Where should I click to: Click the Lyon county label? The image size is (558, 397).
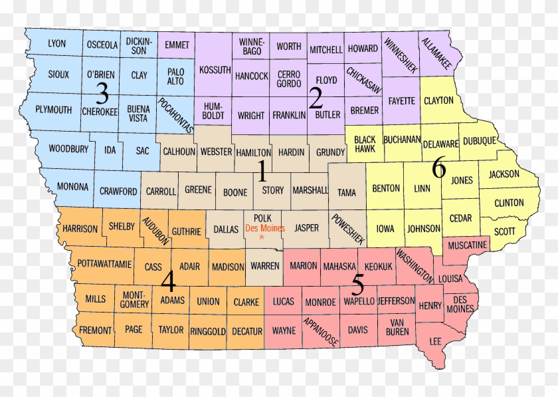point(57,44)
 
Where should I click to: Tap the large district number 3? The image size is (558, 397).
point(102,94)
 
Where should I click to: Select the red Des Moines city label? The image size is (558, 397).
point(265,228)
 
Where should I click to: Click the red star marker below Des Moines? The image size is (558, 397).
point(262,237)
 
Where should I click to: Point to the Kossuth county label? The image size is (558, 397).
point(215,70)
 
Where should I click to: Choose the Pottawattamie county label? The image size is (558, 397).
point(104,264)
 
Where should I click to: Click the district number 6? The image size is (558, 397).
point(438,169)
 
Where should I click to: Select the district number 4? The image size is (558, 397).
point(168,283)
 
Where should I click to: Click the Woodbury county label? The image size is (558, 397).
point(68,148)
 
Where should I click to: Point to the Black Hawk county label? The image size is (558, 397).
point(365,144)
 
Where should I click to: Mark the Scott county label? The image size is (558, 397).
point(506,231)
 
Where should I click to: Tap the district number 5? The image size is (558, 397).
point(357,285)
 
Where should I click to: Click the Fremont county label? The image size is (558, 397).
point(95,330)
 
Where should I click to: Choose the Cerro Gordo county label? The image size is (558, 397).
point(289,79)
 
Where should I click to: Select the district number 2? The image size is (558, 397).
point(316,100)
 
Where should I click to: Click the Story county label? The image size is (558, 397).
point(273,190)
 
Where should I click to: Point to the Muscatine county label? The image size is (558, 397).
point(468,245)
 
